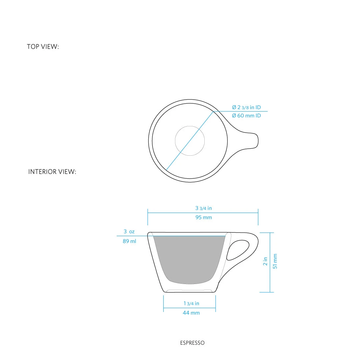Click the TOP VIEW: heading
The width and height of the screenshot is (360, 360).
[x=43, y=47]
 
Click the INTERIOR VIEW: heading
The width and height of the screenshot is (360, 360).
[x=52, y=172]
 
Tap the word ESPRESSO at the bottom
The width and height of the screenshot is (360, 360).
[x=192, y=343]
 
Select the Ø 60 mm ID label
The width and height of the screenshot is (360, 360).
[x=246, y=116]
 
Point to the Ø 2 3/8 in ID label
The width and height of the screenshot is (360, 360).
[x=246, y=107]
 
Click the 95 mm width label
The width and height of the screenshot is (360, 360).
[x=204, y=217]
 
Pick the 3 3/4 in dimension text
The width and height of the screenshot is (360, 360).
[x=204, y=208]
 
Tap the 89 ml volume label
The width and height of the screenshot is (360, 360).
[x=129, y=241]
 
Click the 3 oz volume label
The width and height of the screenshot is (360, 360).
[x=129, y=231]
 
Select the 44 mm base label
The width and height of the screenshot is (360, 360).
[x=191, y=313]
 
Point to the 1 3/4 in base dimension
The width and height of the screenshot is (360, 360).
[x=191, y=303]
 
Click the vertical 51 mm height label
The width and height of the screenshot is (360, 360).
[x=275, y=261]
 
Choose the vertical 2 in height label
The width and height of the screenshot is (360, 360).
[x=265, y=261]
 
